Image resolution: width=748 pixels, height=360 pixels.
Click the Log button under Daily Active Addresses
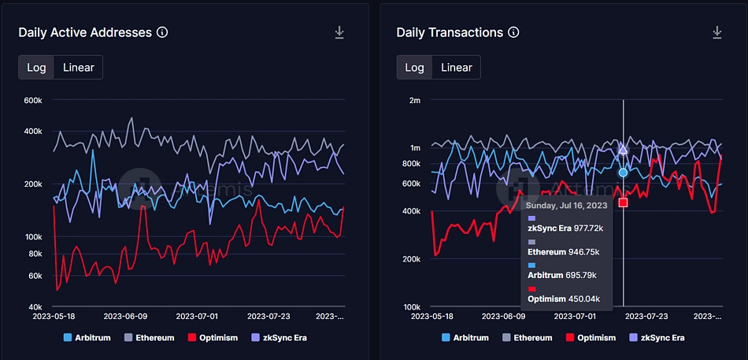point(36,67)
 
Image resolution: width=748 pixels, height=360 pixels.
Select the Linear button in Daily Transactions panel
point(456,67)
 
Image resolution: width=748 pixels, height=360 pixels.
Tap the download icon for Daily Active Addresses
point(339,32)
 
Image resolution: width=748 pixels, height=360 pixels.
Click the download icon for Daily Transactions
point(717,32)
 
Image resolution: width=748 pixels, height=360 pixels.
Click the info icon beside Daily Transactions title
point(513,32)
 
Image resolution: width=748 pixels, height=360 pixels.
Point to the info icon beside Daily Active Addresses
point(162,32)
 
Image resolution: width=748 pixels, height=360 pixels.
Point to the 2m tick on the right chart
point(415,100)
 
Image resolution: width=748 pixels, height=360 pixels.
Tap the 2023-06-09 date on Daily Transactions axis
point(502,316)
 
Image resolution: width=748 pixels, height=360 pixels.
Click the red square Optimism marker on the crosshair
point(623,202)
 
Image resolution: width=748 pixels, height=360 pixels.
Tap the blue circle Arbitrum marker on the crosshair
point(623,172)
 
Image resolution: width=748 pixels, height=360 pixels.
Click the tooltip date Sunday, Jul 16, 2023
point(567,205)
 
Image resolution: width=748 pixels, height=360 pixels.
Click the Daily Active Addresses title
point(85,32)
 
